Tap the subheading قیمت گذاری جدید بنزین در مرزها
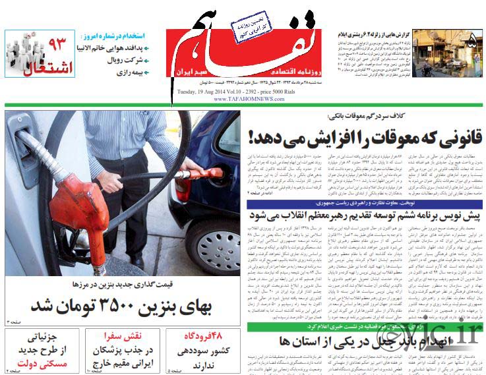coord(123,284)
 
